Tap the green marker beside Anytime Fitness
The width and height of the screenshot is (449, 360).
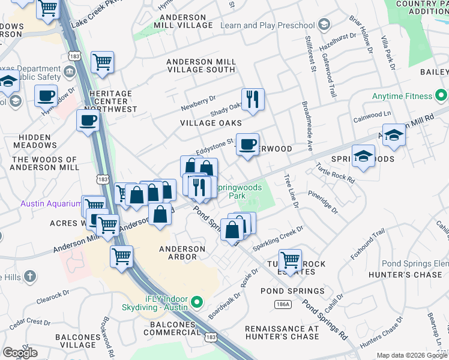click(442, 96)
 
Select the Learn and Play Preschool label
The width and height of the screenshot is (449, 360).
click(267, 25)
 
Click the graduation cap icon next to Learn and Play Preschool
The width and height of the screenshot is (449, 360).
click(324, 25)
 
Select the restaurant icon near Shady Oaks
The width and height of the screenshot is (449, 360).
click(253, 99)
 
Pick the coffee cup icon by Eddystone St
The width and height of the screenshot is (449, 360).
click(247, 145)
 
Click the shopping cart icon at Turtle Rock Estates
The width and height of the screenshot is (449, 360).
click(290, 260)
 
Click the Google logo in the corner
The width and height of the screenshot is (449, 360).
click(20, 353)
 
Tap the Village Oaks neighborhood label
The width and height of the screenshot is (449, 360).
click(211, 123)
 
